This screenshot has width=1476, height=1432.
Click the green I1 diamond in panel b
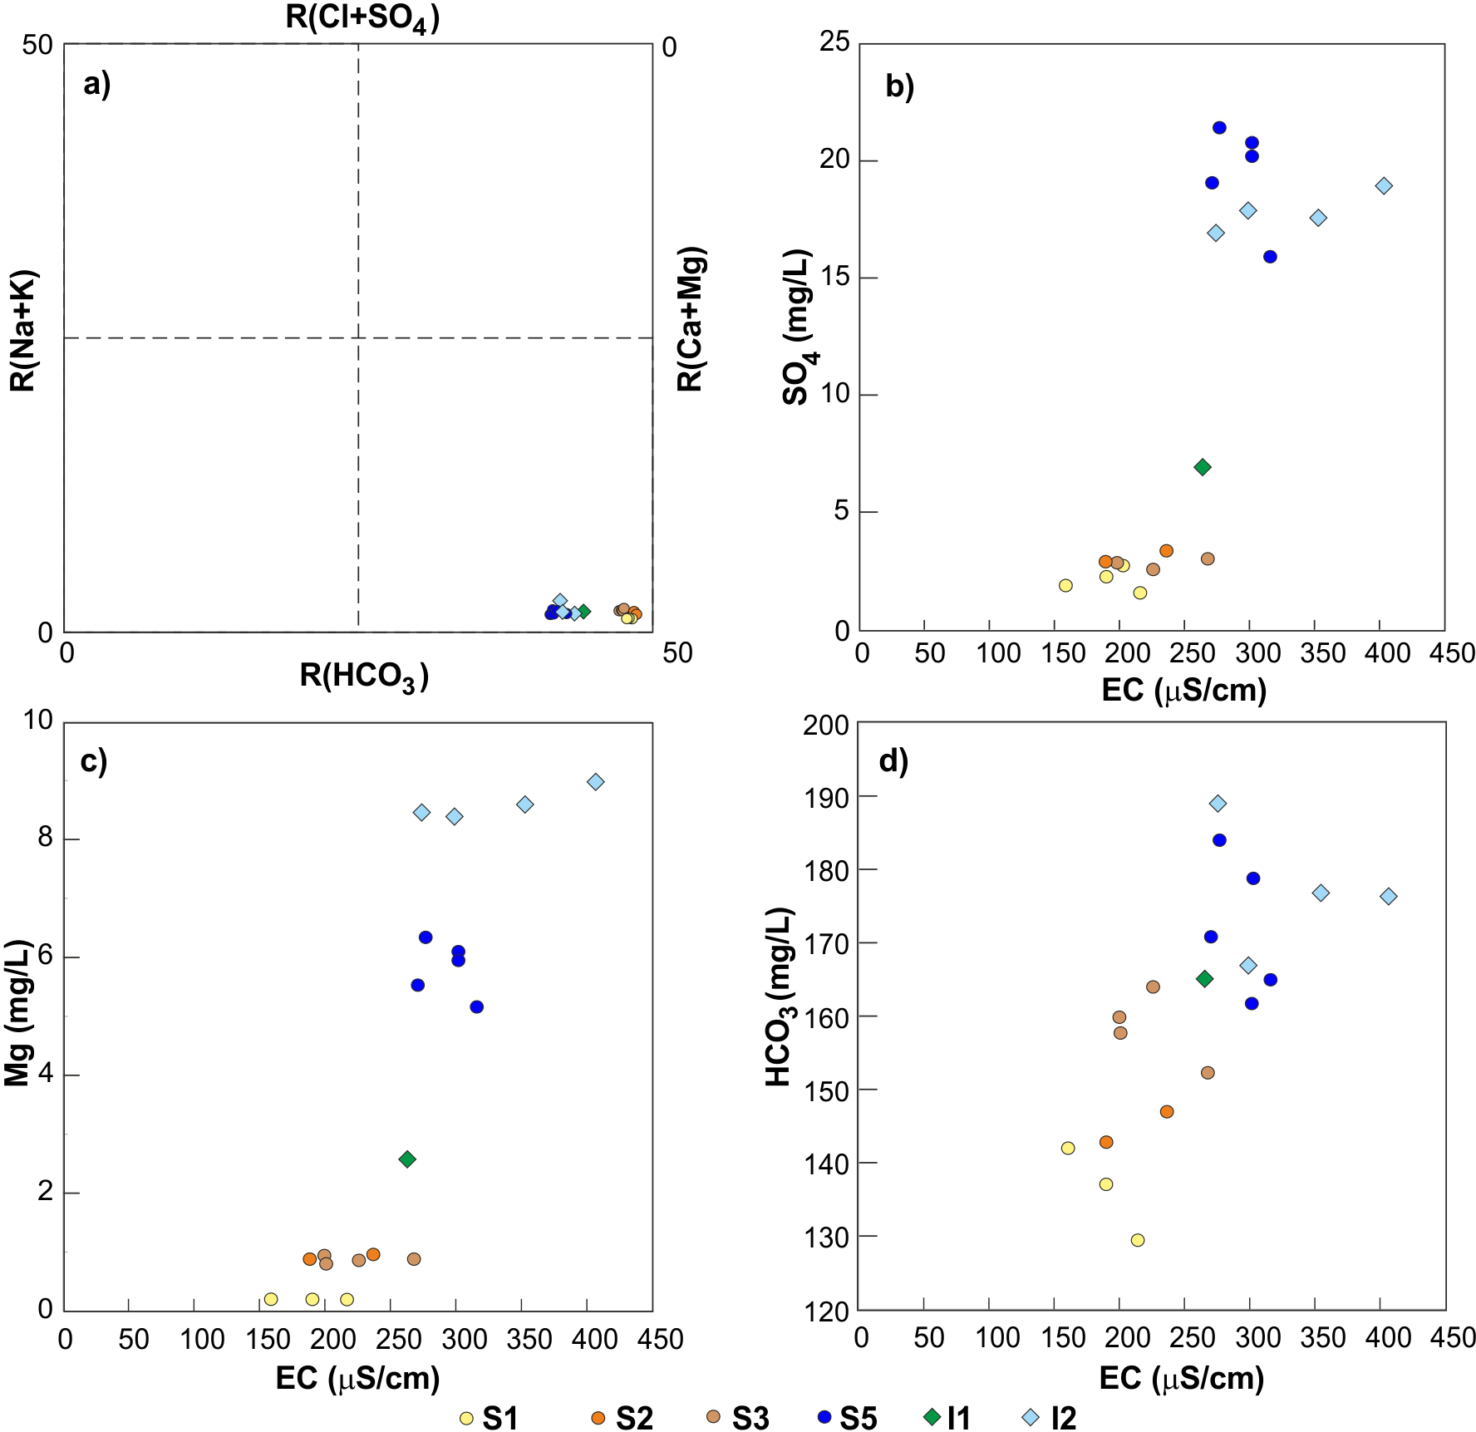(x=1202, y=467)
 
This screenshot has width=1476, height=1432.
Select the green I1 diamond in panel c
(x=407, y=1159)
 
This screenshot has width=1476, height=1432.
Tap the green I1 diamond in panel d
(x=1204, y=978)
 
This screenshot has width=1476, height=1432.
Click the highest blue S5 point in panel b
(x=1219, y=127)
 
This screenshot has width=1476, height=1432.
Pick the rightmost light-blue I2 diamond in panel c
(x=595, y=781)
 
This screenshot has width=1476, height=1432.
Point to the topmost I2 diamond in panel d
(x=1218, y=803)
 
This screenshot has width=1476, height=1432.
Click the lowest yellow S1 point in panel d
(x=1138, y=1240)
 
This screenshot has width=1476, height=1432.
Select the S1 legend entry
(x=490, y=1418)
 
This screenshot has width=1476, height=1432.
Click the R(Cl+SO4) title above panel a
(x=362, y=18)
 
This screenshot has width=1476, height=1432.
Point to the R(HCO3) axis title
(x=364, y=677)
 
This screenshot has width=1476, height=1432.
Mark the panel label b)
(x=899, y=86)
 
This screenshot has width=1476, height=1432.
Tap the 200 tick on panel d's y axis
(x=827, y=725)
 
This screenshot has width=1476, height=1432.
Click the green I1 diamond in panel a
(x=583, y=611)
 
